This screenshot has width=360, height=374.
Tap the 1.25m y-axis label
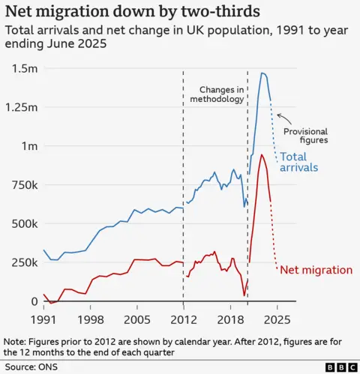point(19,107)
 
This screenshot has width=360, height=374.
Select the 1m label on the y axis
point(27,146)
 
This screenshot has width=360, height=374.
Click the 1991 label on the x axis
point(43,319)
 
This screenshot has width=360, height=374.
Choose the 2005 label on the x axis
point(137,319)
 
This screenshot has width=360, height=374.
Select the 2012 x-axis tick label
point(184,319)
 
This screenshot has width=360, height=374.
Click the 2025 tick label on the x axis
point(277,319)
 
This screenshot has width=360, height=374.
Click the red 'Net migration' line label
point(316,270)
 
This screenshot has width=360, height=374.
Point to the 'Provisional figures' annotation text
point(305,136)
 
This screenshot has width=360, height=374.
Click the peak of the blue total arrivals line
point(262,73)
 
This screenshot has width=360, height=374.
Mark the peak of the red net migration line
point(261,154)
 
